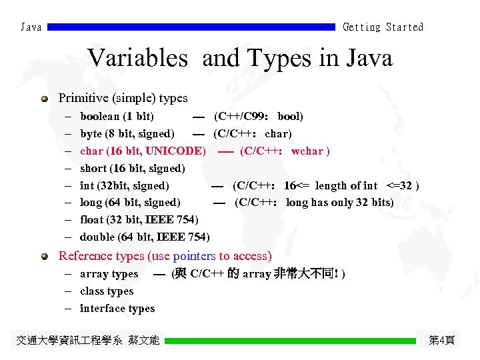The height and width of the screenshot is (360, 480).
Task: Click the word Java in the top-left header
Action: pos(31,27)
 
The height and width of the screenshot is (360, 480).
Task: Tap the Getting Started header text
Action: pos(383,27)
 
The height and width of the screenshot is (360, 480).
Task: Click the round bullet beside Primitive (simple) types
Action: pos(45,99)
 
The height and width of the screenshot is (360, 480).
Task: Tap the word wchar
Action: pos(308,151)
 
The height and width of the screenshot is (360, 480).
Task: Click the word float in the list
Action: pos(92,219)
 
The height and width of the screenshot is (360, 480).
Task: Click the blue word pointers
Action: pos(194,256)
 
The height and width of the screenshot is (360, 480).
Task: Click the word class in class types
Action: pos(93,291)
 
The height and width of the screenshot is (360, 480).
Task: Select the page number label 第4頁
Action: pos(441,341)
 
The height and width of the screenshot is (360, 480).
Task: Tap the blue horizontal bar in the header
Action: pos(191,27)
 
